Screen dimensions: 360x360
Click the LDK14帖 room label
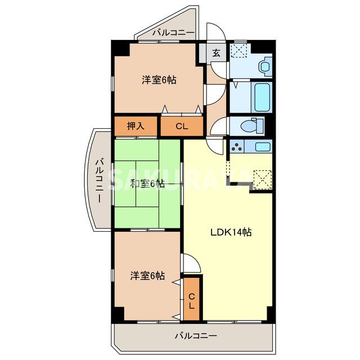[231, 232]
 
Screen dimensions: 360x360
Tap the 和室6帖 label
[147, 183]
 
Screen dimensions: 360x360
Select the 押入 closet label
[136, 125]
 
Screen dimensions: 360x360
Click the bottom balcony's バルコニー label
[195, 336]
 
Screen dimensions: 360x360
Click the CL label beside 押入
[181, 126]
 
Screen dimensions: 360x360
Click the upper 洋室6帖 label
[159, 80]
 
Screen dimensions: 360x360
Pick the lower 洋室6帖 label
[147, 276]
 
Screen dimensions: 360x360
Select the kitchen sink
[263, 147]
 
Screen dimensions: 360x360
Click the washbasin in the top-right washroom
[264, 66]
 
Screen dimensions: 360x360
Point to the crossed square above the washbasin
[241, 49]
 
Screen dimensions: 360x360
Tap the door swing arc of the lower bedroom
[190, 263]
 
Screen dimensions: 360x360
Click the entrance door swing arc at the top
[217, 34]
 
